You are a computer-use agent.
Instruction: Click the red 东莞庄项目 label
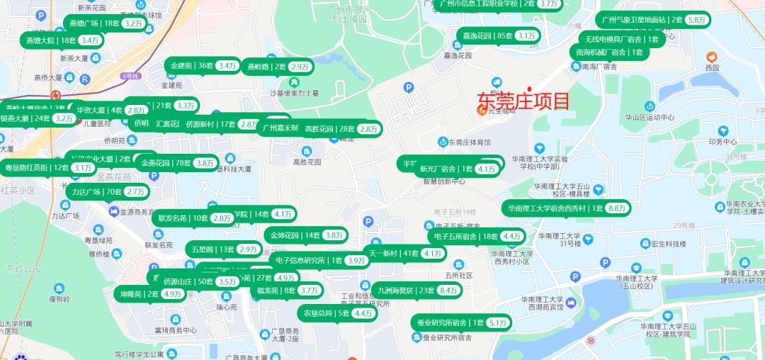pyautogui.click(x=523, y=101)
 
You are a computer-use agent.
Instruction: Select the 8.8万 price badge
pyautogui.click(x=616, y=208)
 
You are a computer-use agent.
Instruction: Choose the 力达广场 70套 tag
pyautogui.click(x=107, y=191)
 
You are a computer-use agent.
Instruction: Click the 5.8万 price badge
pyautogui.click(x=696, y=21)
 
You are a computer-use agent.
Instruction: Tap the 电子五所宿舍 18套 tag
pyautogui.click(x=476, y=236)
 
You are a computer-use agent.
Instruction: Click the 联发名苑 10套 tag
pyautogui.click(x=193, y=218)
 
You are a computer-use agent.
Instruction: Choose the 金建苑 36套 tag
pyautogui.click(x=203, y=66)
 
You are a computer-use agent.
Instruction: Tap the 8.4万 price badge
pyautogui.click(x=448, y=290)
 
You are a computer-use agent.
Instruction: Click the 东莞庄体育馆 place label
pyautogui.click(x=470, y=142)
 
